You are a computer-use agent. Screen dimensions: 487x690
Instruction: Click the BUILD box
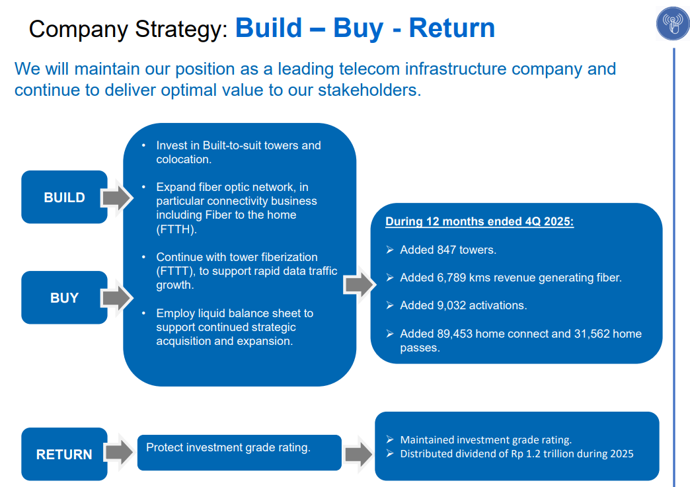64,197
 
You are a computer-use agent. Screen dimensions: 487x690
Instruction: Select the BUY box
64,297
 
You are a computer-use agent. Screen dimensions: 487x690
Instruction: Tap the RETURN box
64,454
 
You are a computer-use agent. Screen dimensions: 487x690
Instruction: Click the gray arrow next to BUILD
118,197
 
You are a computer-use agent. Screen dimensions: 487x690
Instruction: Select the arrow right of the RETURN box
120,453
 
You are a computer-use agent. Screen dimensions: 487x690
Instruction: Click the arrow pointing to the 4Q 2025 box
360,284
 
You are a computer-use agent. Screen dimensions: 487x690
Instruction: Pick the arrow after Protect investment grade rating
358,454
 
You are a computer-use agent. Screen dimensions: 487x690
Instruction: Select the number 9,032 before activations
451,305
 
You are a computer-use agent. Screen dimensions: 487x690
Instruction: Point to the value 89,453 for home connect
455,334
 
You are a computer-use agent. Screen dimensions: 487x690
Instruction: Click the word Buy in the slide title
358,28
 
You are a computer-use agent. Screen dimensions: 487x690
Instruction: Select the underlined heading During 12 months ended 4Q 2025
479,221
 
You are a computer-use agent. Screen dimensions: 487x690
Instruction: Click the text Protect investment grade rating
228,447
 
